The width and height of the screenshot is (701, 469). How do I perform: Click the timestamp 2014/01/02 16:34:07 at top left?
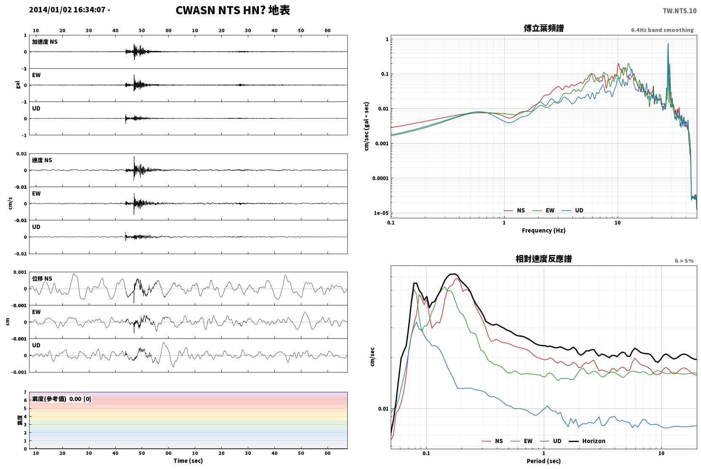[67, 10]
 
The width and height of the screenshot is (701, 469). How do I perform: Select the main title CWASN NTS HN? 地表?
[233, 11]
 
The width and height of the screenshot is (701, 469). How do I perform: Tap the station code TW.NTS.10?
[680, 11]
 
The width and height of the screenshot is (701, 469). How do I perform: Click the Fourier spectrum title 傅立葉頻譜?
[544, 29]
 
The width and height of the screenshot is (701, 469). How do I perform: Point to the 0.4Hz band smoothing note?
[662, 30]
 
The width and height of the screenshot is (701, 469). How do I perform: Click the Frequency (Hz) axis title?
[544, 230]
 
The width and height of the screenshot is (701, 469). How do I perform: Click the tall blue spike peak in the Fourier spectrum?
[668, 44]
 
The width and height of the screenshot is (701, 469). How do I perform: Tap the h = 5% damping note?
[684, 261]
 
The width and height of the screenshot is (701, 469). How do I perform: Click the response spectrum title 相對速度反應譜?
[544, 259]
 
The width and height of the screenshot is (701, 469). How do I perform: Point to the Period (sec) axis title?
[544, 461]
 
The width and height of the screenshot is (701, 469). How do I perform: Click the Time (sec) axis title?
[188, 461]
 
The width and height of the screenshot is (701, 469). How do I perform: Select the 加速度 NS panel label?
[45, 42]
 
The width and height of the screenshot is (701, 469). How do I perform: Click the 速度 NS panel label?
[42, 161]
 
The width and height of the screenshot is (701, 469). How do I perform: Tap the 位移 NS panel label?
[42, 279]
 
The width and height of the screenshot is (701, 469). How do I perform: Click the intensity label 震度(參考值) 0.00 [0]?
[62, 399]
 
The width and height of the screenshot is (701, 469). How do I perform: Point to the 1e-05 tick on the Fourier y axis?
[381, 213]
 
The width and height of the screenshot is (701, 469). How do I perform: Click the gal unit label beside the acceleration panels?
[18, 85]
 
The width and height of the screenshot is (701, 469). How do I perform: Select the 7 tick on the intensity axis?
[25, 392]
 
